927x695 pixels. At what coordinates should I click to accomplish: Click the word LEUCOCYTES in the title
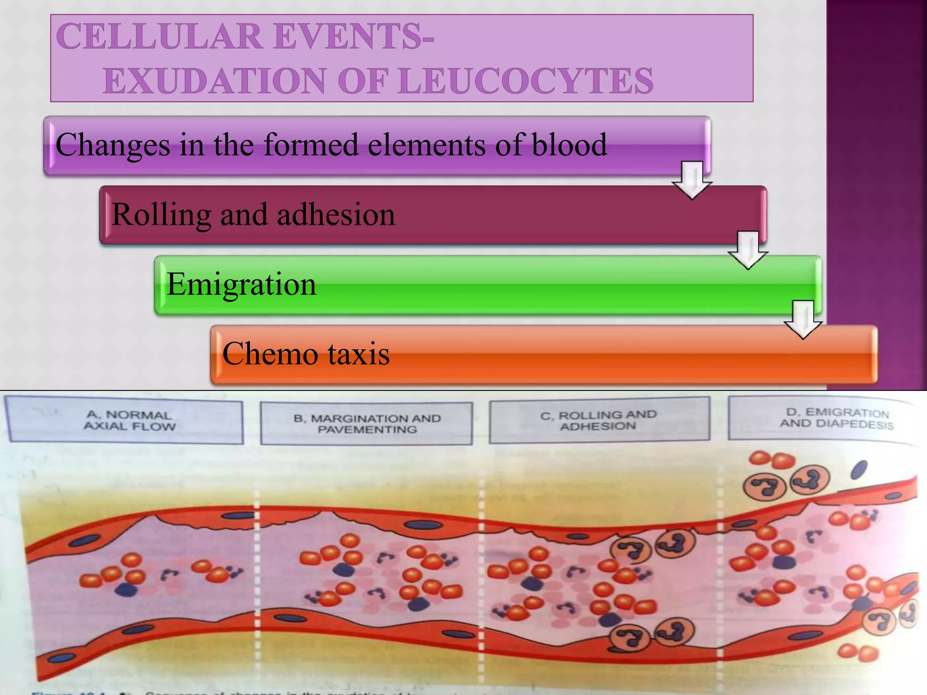click(x=526, y=81)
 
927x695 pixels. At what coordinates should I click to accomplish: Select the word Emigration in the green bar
click(x=241, y=285)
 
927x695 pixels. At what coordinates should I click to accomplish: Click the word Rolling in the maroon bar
click(x=161, y=214)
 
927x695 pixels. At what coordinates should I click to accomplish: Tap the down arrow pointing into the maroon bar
click(x=692, y=180)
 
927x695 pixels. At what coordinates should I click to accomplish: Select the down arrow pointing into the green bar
click(x=748, y=250)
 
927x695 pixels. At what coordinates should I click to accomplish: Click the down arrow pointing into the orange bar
click(x=803, y=319)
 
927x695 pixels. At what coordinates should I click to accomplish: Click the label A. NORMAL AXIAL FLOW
click(x=129, y=421)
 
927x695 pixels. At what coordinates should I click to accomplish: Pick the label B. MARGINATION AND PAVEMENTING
click(x=367, y=424)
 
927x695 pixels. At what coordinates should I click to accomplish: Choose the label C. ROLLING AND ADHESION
click(x=598, y=420)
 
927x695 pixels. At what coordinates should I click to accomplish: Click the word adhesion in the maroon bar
click(x=336, y=214)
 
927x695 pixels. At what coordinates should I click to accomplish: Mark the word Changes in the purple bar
click(x=113, y=145)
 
